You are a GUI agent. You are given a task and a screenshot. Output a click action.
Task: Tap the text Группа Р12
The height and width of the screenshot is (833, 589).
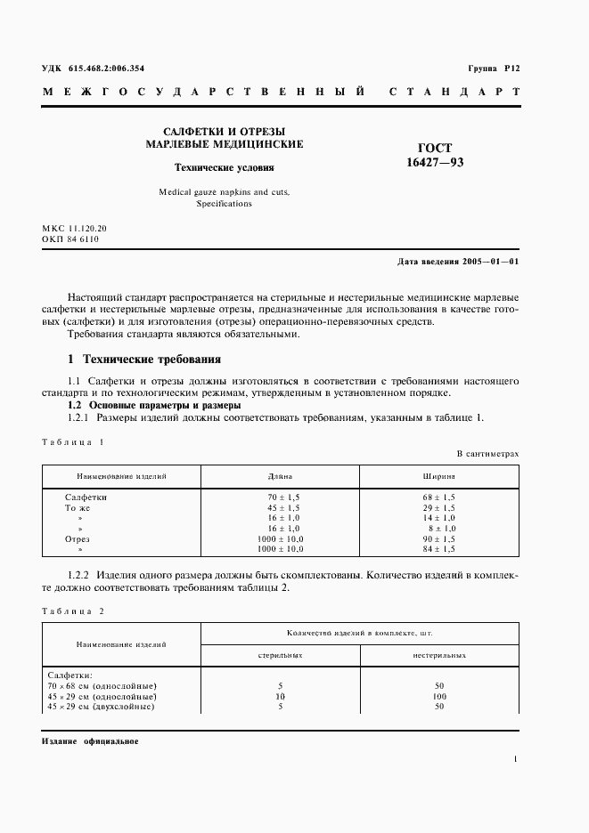(x=493, y=69)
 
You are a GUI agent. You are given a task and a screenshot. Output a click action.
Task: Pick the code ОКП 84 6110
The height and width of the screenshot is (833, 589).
(x=70, y=239)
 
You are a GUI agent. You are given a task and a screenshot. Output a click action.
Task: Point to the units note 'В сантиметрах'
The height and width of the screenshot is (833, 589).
(x=487, y=454)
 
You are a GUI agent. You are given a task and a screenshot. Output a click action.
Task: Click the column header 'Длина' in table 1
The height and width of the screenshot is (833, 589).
(x=280, y=476)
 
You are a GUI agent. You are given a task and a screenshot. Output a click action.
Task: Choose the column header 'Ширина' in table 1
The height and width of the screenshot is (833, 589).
(x=439, y=476)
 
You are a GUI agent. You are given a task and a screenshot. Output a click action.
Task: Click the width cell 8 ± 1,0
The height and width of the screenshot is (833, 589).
(x=440, y=528)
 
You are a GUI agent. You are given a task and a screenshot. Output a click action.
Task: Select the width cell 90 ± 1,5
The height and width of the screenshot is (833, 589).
(x=439, y=539)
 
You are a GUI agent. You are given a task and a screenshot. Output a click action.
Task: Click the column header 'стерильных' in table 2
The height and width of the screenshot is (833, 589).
(x=280, y=654)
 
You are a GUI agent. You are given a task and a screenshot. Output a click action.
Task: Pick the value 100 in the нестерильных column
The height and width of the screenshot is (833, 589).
(x=439, y=696)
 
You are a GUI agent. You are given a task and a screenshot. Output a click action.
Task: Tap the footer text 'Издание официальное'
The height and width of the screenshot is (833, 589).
(x=90, y=741)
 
